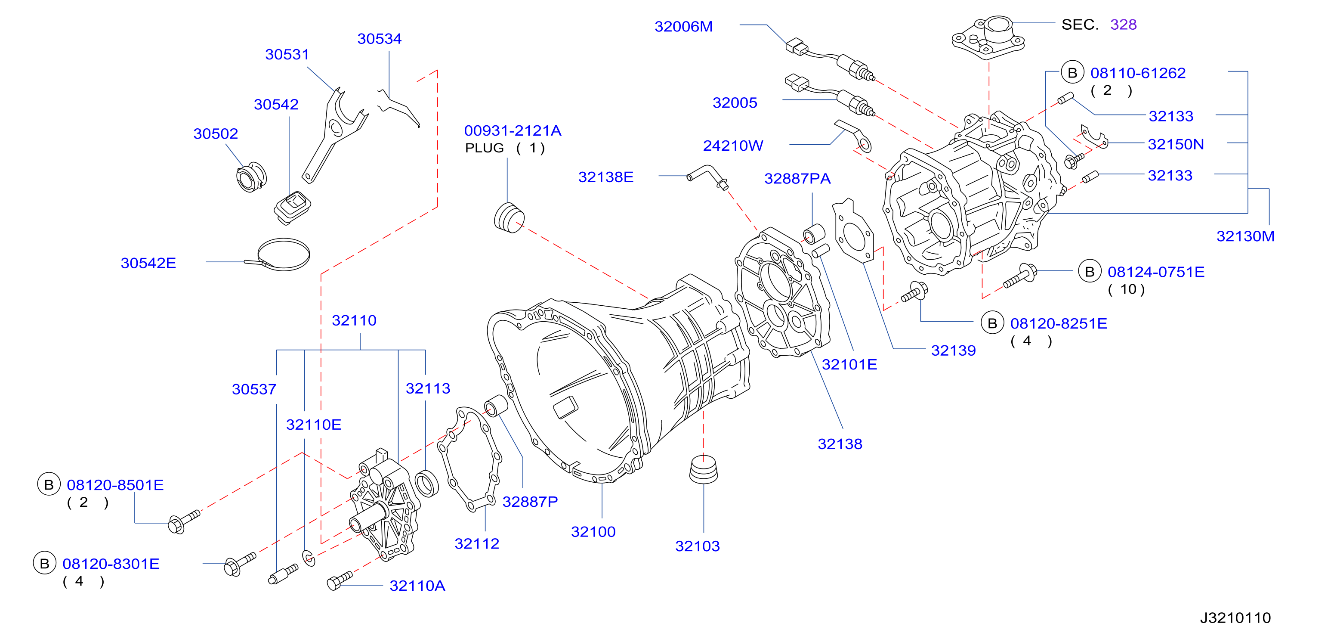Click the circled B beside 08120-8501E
pos(49,484)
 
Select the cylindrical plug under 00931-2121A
pos(510,217)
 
